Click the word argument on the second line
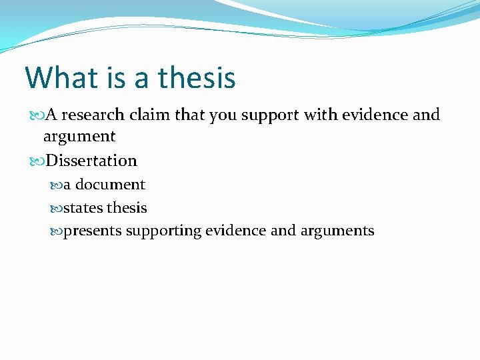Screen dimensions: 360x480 point(79,137)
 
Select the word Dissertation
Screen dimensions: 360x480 point(91,161)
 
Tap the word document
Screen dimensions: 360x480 point(110,185)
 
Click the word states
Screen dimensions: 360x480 point(83,208)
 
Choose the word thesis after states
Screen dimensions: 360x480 point(127,208)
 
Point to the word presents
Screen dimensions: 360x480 point(92,231)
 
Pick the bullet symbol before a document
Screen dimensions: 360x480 point(57,185)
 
